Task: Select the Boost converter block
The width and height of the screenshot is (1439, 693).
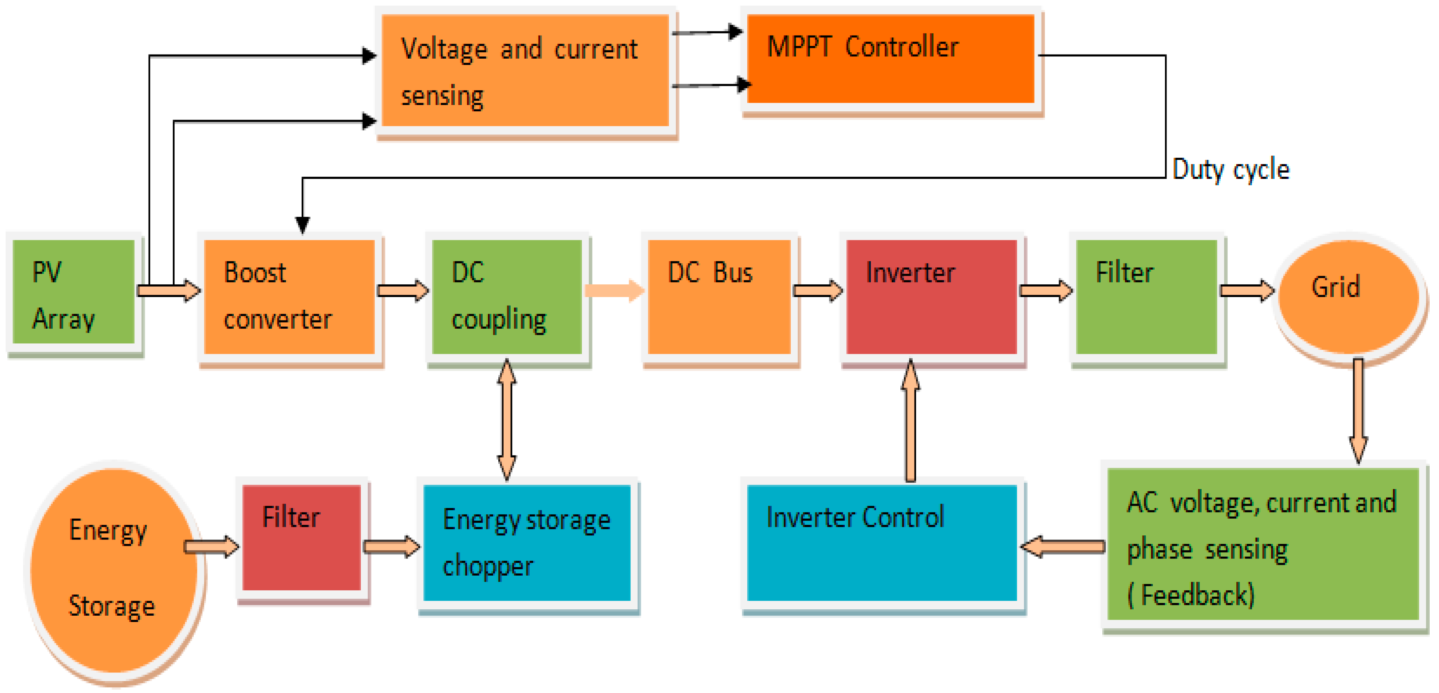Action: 289,296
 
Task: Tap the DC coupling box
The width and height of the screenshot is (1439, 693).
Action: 507,296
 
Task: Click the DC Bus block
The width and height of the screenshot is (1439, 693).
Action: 719,296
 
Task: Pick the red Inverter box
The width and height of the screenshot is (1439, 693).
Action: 931,296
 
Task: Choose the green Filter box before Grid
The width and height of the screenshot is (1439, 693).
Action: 1146,296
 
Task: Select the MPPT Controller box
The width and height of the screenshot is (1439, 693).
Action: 890,59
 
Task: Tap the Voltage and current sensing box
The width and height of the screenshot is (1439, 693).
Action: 525,71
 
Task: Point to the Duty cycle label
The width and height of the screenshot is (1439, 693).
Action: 1231,169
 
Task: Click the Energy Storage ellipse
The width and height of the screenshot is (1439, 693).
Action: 114,570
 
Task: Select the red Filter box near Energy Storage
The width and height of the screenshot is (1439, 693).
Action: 302,538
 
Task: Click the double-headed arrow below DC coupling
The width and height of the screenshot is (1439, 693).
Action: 507,419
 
